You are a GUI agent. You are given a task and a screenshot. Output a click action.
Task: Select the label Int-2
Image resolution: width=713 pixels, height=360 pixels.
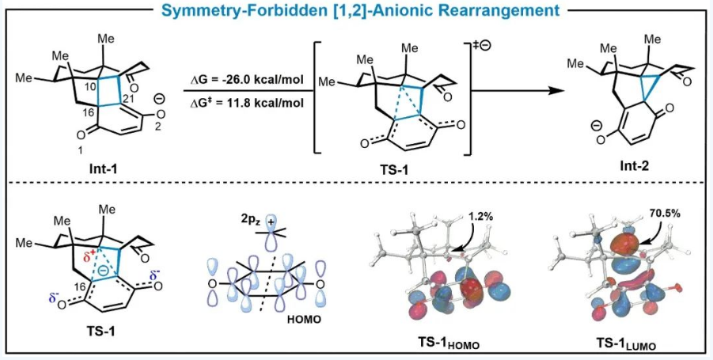[635, 167]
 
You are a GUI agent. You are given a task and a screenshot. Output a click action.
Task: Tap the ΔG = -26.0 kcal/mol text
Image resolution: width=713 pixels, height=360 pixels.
[248, 80]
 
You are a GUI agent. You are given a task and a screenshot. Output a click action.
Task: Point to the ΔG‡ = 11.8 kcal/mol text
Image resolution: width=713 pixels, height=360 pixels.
[248, 103]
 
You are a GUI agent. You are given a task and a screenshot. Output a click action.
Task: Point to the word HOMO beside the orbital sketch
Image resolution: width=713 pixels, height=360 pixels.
[303, 320]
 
